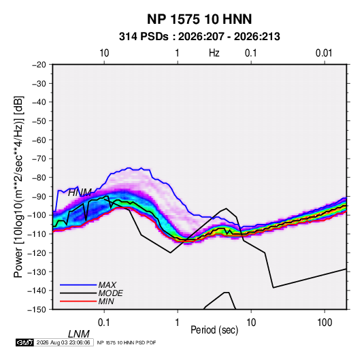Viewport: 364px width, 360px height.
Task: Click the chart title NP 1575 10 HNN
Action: point(199,19)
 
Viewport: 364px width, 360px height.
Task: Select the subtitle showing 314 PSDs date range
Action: point(199,37)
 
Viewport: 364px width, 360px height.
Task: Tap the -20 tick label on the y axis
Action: point(39,65)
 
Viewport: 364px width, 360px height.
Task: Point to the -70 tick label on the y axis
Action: point(39,159)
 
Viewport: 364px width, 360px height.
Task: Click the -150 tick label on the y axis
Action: point(37,310)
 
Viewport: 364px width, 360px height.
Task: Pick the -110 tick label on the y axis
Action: point(37,234)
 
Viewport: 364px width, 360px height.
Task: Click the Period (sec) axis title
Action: point(214,330)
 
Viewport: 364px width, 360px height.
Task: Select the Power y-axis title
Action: point(18,186)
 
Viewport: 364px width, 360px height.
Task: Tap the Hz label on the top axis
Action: point(214,53)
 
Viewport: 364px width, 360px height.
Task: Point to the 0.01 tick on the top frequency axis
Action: point(324,53)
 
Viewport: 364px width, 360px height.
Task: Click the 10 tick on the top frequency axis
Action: point(104,53)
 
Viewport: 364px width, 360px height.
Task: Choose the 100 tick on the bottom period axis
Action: point(325,323)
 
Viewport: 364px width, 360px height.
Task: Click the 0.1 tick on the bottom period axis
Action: point(104,323)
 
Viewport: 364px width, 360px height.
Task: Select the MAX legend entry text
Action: point(107,285)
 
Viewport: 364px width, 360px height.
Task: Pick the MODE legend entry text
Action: point(110,293)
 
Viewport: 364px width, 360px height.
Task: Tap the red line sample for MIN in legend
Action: point(78,301)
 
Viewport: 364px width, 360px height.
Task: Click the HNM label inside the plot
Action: point(80,193)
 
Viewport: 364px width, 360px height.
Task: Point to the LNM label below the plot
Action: point(79,334)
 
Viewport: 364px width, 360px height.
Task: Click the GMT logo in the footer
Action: point(24,342)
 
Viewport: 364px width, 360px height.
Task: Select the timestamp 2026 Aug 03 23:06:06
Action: point(63,342)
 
